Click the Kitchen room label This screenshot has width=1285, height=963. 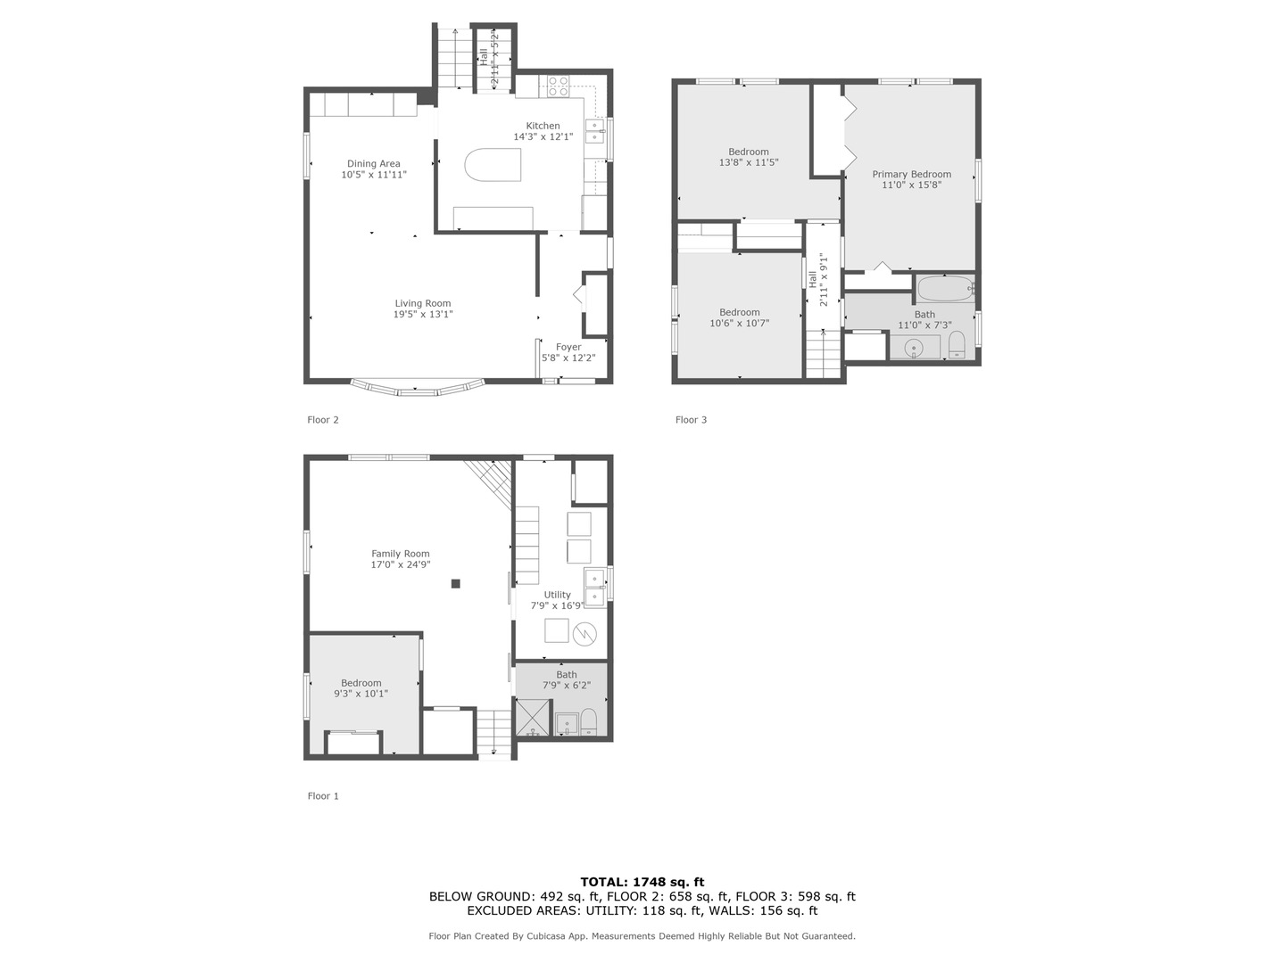pos(543,126)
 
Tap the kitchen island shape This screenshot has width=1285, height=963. pos(493,165)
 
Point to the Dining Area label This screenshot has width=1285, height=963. pos(374,164)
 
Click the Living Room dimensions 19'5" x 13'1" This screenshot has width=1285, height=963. pos(423,314)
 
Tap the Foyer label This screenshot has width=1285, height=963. pos(568,348)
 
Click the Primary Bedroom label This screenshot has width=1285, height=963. pos(911,174)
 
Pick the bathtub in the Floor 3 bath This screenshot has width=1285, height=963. pos(945,288)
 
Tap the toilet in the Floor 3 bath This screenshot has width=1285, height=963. pos(957,345)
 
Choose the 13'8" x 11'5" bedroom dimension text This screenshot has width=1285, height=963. pos(749,162)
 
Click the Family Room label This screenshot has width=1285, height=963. pos(401,554)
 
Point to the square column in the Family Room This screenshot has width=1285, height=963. pos(455,583)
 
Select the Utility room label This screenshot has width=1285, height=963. pos(557,595)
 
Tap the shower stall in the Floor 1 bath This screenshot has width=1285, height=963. pos(533,718)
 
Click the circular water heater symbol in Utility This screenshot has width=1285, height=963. pos(584,634)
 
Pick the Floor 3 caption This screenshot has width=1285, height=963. pos(691,420)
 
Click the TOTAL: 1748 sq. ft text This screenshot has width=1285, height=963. pos(642,882)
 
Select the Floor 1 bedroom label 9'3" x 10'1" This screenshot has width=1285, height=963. pos(361,694)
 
